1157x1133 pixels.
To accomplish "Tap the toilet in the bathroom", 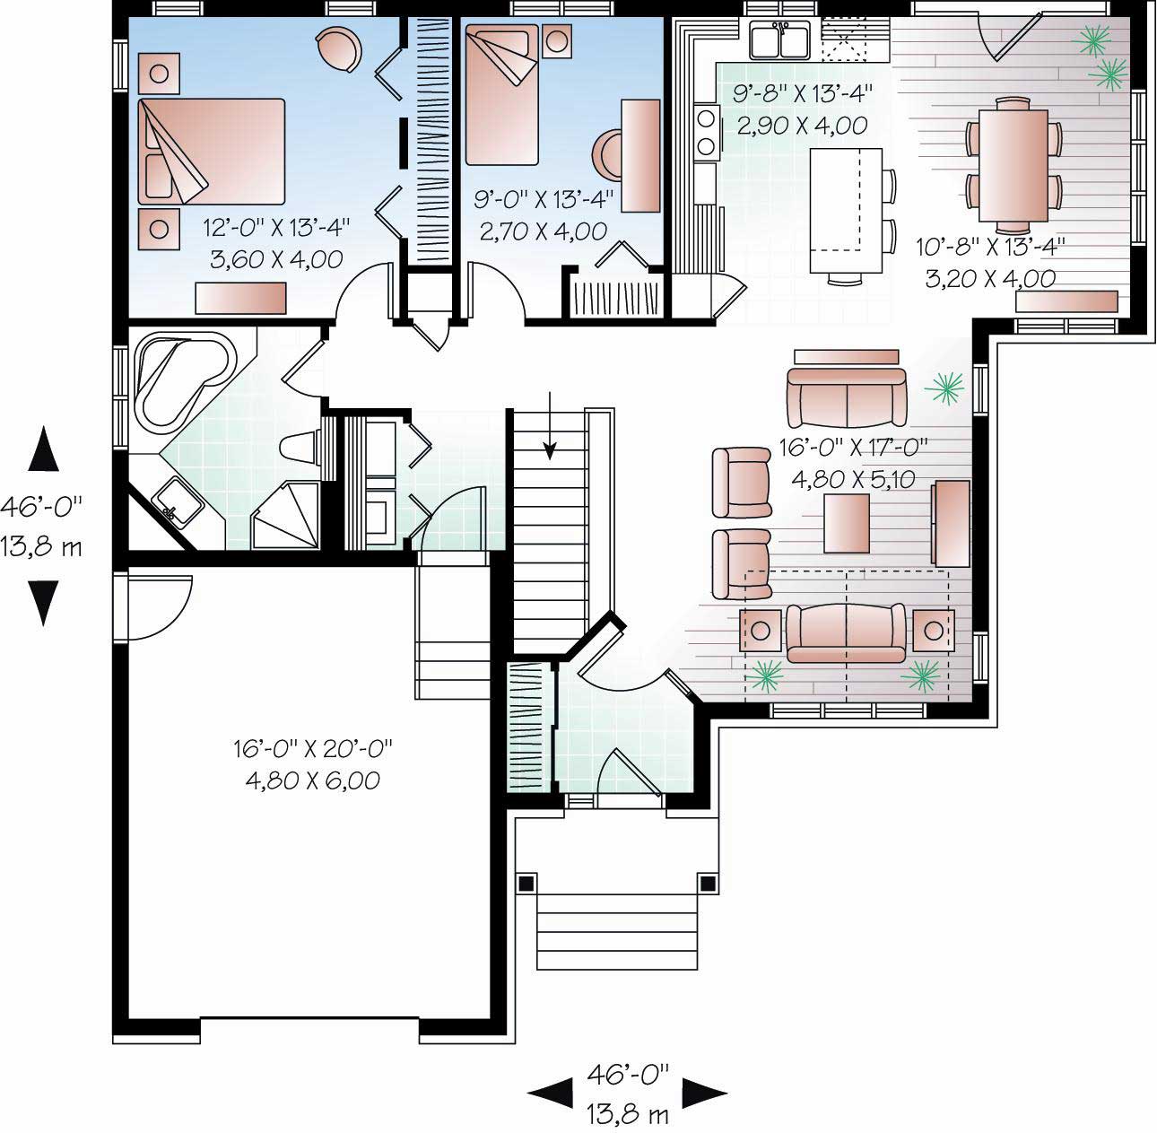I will tap(301, 447).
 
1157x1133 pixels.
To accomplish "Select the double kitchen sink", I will tap(780, 40).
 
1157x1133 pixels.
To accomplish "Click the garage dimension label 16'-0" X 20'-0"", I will tap(313, 748).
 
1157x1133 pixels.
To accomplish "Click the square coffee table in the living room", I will tap(848, 524).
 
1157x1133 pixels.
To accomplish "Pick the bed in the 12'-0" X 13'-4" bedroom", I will tap(212, 151).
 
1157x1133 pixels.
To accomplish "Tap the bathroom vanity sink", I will tap(177, 503).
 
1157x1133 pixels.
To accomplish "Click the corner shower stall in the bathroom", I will tap(285, 519).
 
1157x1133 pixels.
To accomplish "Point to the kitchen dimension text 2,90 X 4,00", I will tap(802, 125).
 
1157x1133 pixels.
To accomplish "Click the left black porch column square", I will tap(526, 883).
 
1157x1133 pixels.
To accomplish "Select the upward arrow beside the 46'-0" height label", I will tap(43, 449).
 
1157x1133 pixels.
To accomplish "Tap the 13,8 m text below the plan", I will tap(628, 1115).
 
